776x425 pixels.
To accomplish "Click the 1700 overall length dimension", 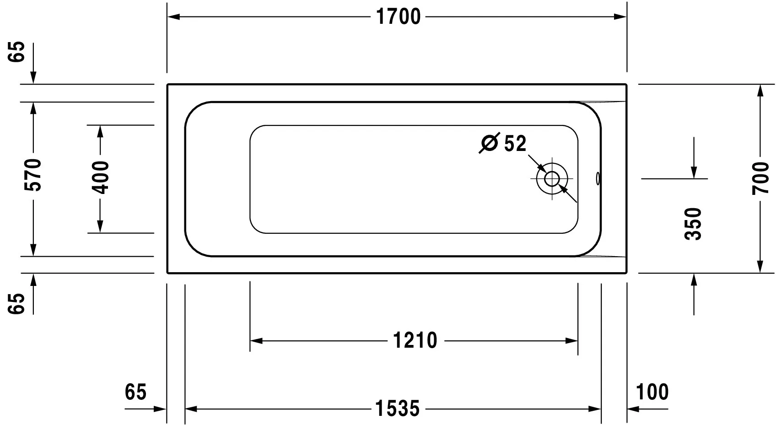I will (398, 17).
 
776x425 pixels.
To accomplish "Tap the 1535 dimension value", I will (397, 408).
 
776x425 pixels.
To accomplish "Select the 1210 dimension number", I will (415, 341).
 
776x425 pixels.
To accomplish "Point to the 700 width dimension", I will (760, 178).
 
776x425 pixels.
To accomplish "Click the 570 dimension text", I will (33, 175).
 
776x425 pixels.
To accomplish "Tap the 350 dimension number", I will (694, 224).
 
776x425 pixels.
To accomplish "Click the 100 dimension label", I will (652, 392).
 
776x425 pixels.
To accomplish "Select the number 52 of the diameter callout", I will (515, 144).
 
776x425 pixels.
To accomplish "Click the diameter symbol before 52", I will (489, 144).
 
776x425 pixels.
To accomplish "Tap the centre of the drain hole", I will (552, 178).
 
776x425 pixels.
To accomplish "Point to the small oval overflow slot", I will (597, 178).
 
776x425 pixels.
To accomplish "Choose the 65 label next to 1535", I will (135, 392).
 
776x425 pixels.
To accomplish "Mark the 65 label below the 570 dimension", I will (17, 303).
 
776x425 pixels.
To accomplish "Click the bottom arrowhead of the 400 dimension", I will (101, 227).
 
